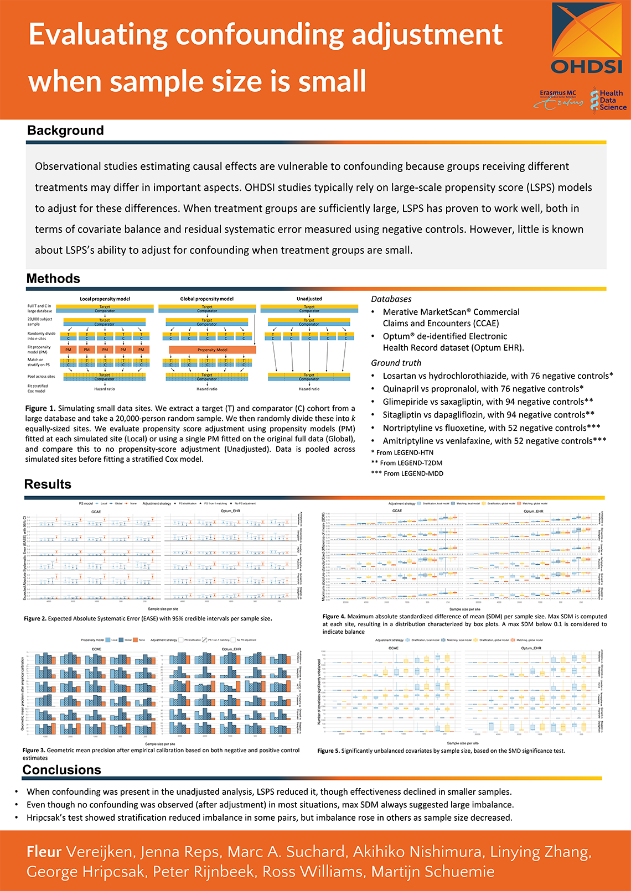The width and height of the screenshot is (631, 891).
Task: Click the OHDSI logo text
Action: click(x=587, y=67)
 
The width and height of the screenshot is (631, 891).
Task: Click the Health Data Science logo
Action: click(x=607, y=100)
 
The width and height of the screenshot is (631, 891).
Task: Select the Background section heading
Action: click(x=65, y=131)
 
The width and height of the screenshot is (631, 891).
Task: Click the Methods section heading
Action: click(x=53, y=279)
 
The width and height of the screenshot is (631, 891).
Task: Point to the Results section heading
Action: click(x=48, y=484)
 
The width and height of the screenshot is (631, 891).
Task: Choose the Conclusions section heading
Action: click(x=61, y=770)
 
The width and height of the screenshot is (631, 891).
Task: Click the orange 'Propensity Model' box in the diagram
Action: click(x=213, y=350)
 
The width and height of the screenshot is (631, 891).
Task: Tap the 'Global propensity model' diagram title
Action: click(x=206, y=299)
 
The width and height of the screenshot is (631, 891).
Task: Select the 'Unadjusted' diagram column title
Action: click(x=309, y=299)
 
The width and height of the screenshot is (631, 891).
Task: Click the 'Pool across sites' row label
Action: click(x=41, y=377)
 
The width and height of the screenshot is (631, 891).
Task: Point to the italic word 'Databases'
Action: click(x=391, y=299)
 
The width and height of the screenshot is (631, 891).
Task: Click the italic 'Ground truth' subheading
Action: click(x=396, y=363)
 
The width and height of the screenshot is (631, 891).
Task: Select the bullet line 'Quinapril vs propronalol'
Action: click(x=483, y=389)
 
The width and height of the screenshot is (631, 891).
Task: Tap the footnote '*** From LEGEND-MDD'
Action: click(x=407, y=473)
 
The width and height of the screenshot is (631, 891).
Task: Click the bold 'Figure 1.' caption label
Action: click(x=40, y=408)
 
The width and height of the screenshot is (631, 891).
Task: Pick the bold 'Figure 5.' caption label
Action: click(x=328, y=751)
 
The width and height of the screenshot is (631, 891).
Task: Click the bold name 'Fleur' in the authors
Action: click(x=45, y=852)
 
